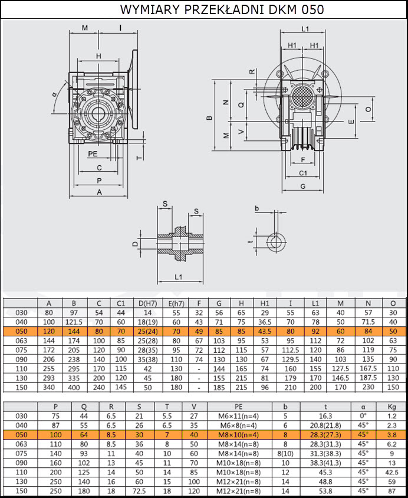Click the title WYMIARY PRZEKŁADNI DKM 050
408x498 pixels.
coord(222,9)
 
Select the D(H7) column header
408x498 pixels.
coord(148,303)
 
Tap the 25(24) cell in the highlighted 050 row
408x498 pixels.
coord(148,332)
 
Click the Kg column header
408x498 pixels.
coord(392,407)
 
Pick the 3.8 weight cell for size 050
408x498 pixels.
coord(392,435)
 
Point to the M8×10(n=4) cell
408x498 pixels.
coord(239,435)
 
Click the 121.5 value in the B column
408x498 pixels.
coord(74,322)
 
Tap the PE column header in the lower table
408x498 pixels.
coord(239,407)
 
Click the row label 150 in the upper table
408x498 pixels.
coord(21,388)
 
